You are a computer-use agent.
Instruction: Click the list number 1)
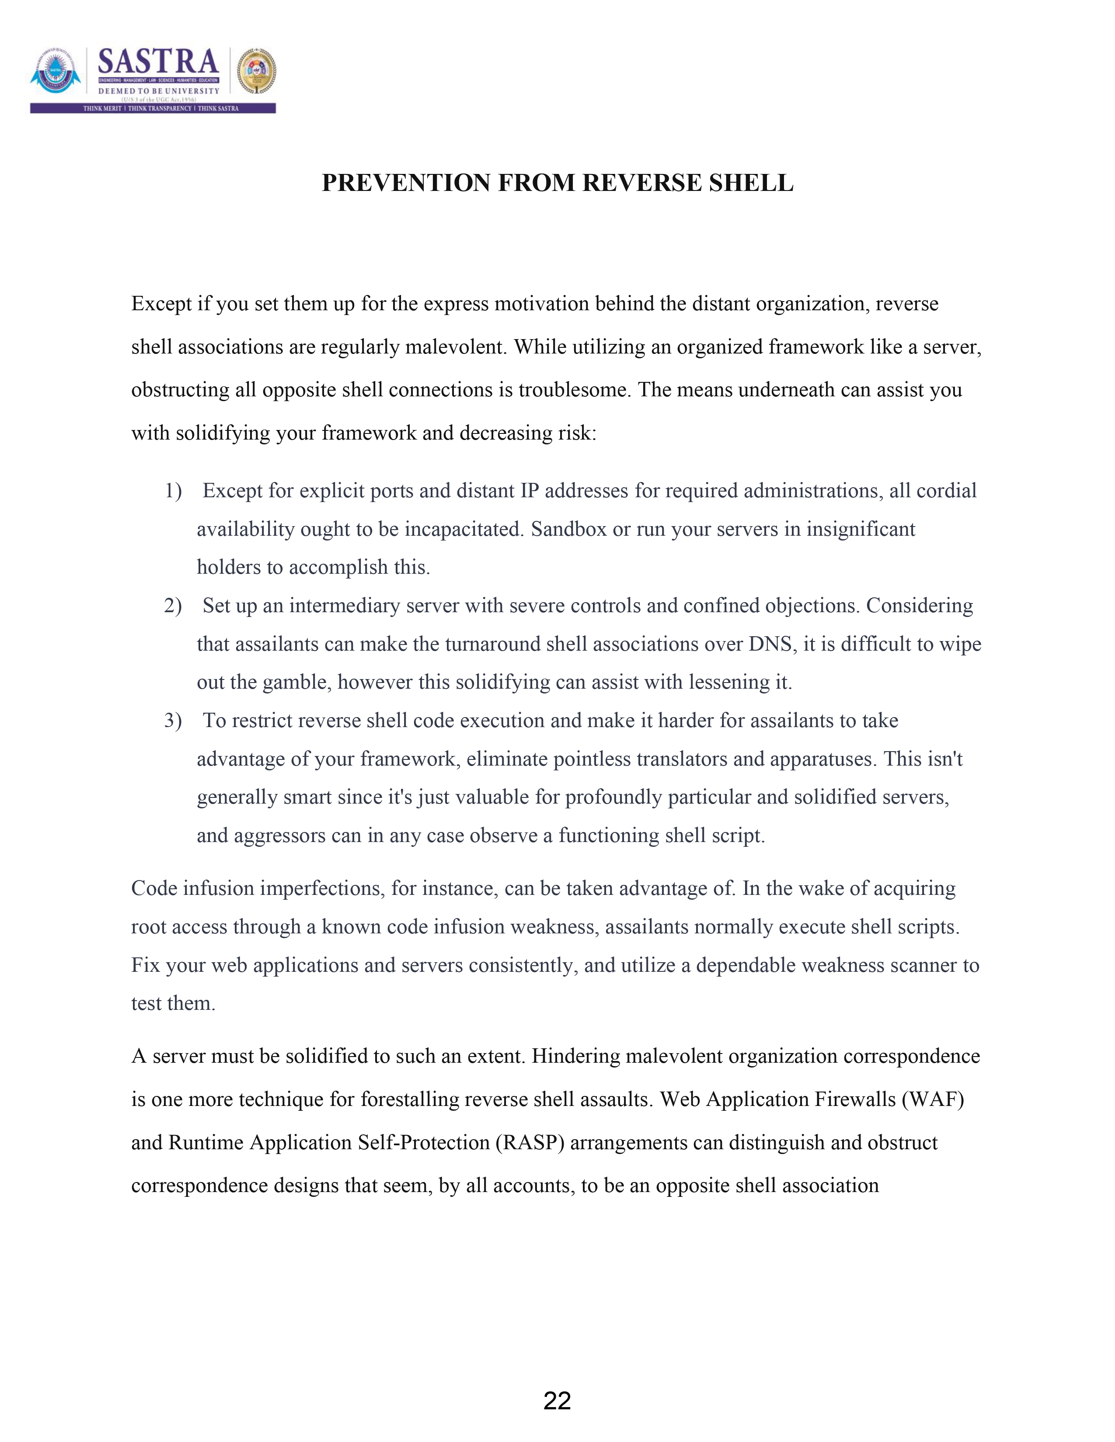tap(173, 491)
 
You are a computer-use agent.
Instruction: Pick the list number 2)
tap(173, 606)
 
